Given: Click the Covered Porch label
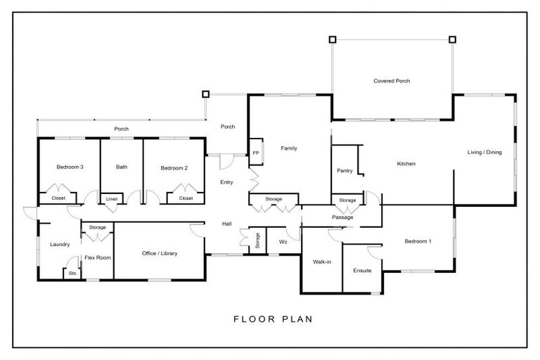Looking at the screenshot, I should (392, 81).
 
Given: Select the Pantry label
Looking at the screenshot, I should (345, 171).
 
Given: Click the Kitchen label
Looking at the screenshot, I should (406, 164).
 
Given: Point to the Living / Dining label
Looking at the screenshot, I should (484, 152).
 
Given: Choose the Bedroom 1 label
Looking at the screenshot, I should (418, 242).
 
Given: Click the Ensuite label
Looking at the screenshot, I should (362, 270).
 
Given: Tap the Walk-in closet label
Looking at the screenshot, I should (321, 262).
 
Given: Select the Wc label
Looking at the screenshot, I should (283, 242).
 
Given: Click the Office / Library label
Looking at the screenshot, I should (158, 253).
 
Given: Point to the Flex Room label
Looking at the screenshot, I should (98, 257).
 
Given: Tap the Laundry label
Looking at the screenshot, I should (60, 245).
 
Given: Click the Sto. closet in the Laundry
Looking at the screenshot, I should (72, 273).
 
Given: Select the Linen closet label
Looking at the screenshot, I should (111, 199).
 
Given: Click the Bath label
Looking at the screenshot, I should (122, 167).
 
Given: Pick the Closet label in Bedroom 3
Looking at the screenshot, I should (58, 198).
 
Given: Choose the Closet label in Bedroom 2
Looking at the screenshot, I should (186, 198).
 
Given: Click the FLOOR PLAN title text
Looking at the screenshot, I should (273, 319).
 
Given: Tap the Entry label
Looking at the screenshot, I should (226, 182).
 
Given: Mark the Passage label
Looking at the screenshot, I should (342, 217).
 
